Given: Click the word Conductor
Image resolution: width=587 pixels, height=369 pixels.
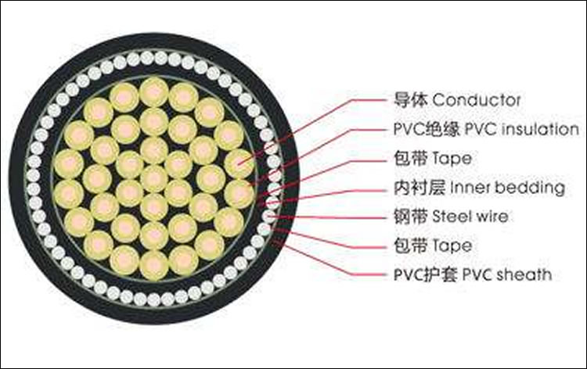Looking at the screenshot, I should (477, 100).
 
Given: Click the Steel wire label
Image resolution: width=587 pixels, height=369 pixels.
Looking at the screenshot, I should (470, 217).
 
